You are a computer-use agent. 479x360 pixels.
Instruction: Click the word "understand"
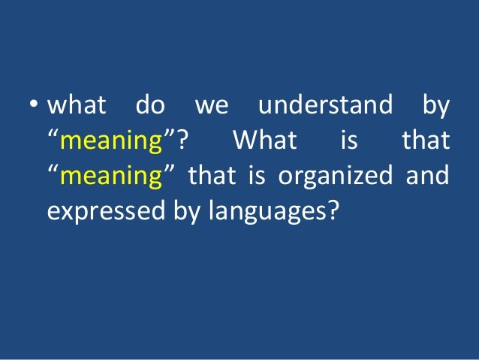[x=325, y=107]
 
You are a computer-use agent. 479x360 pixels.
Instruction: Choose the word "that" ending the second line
[x=426, y=141]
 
